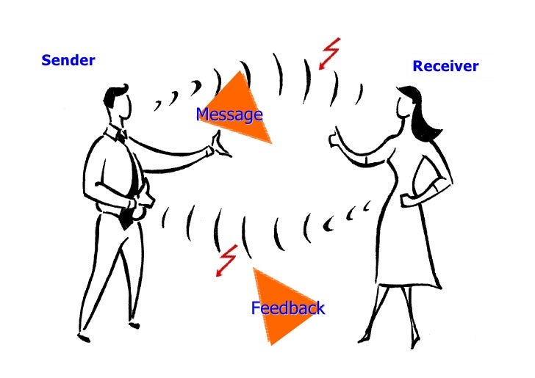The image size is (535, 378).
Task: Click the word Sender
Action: (x=68, y=60)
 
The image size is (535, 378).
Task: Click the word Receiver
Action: (x=445, y=67)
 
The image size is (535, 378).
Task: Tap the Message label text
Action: (x=229, y=115)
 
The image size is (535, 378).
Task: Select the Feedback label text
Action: (x=287, y=308)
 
